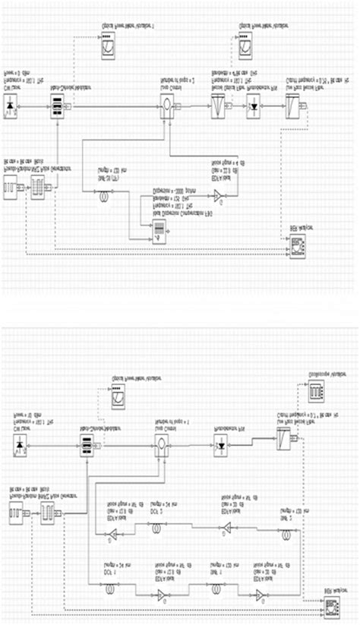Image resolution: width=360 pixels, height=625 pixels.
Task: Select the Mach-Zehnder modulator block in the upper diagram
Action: [57, 109]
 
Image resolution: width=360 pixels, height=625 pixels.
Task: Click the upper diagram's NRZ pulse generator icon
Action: [38, 188]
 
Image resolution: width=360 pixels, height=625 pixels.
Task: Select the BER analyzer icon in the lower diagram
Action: [331, 605]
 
